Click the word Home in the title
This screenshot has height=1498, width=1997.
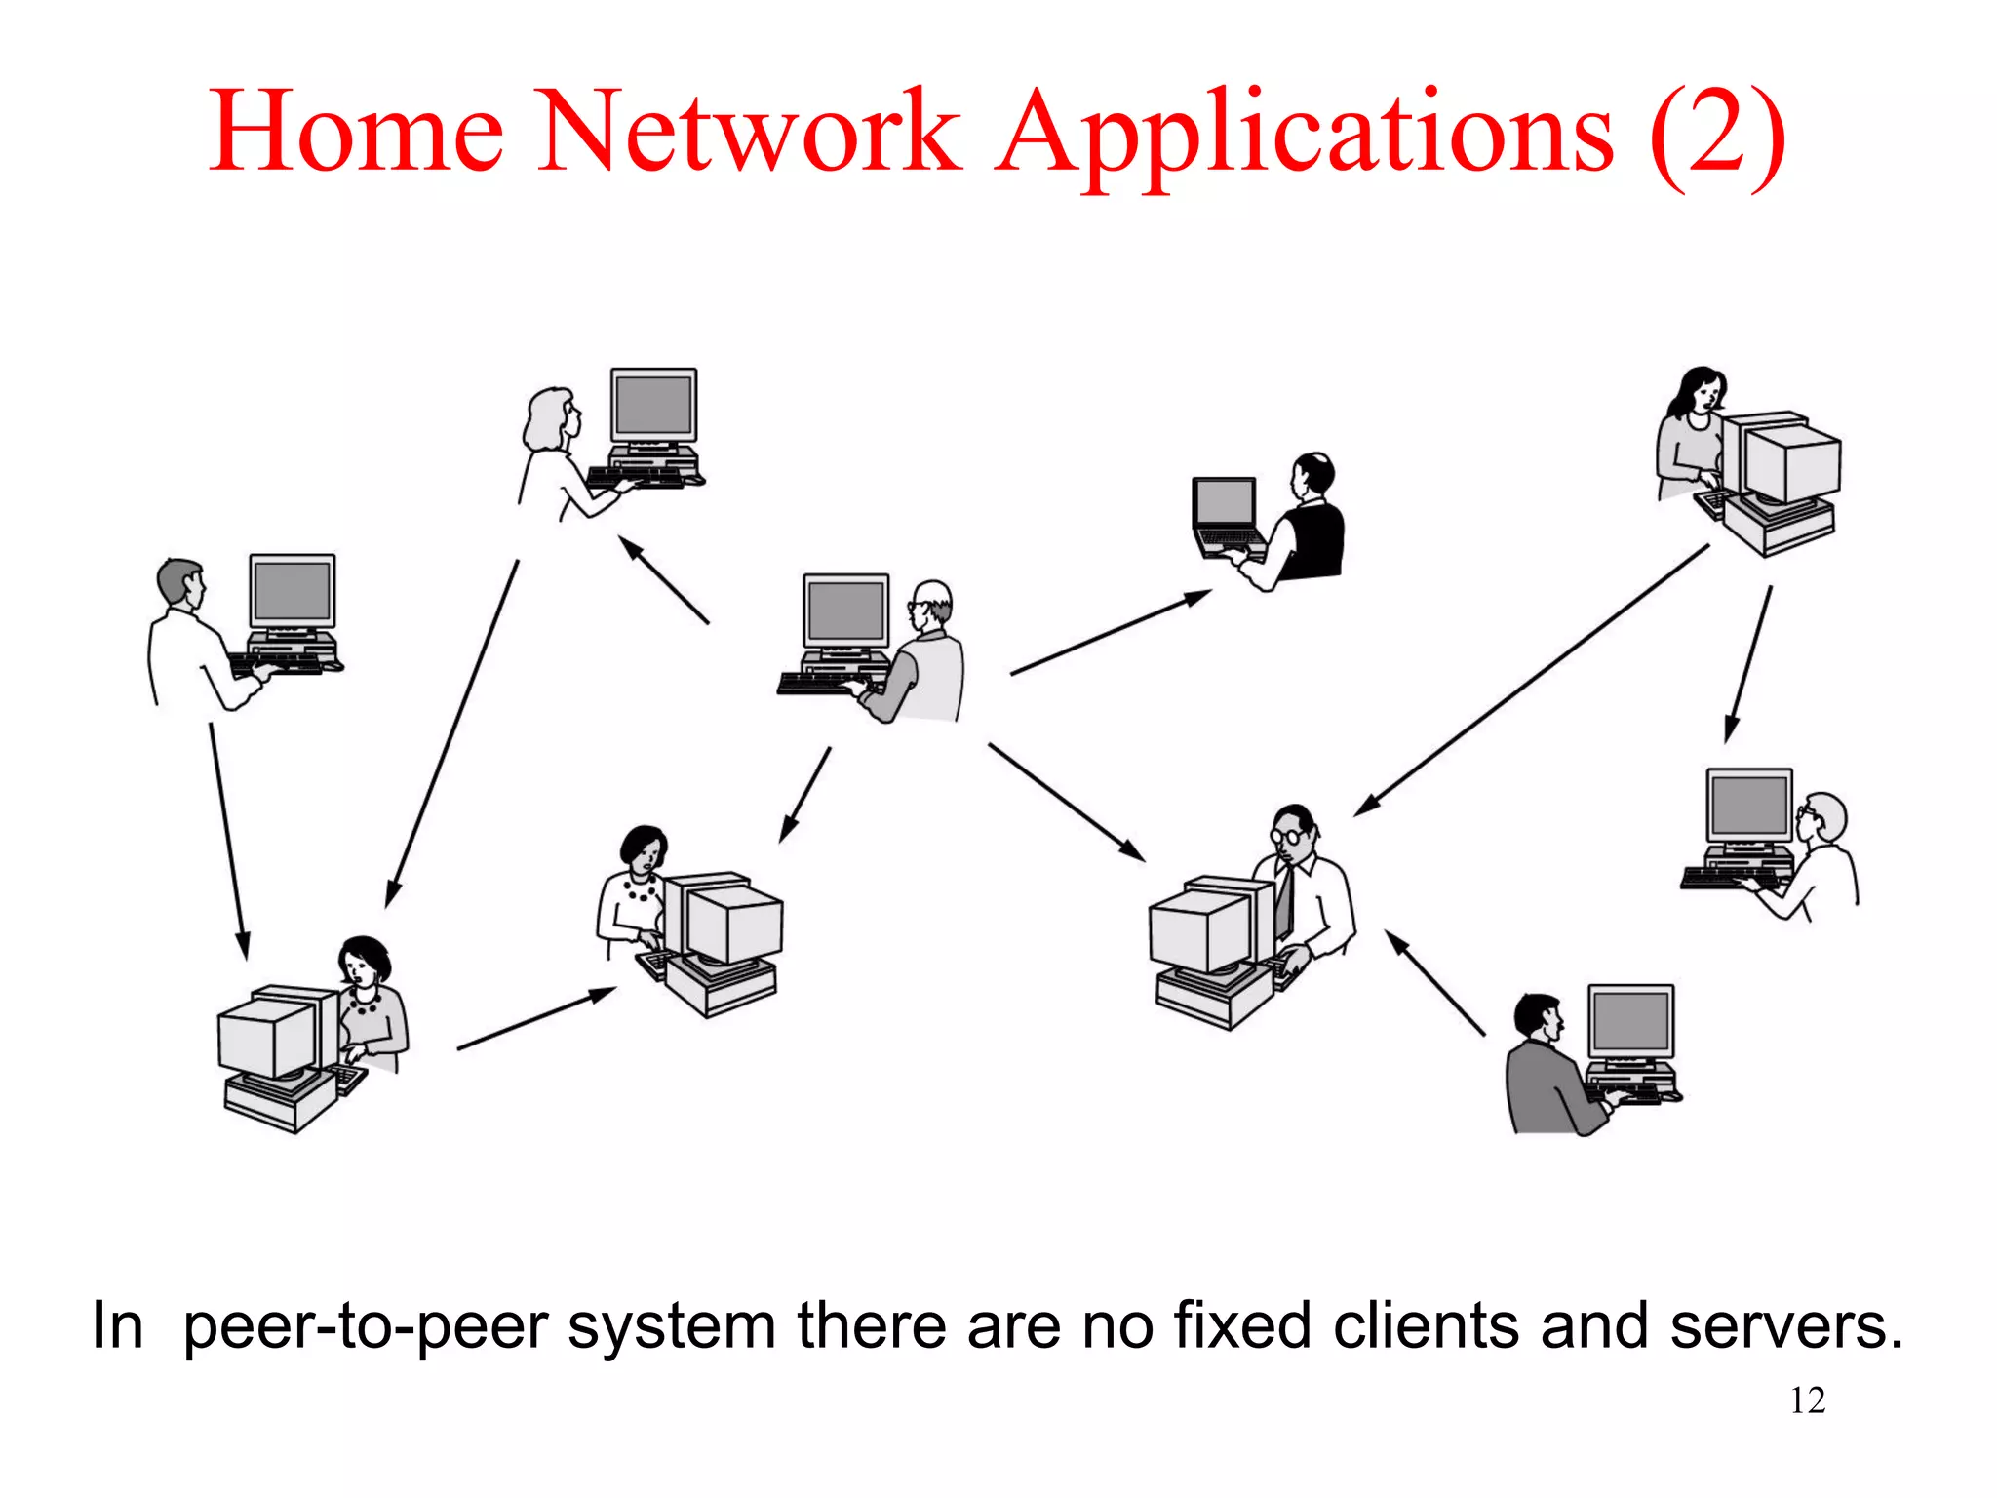(356, 132)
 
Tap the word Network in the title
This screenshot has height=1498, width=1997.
(749, 132)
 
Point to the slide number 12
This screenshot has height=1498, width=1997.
(1807, 1400)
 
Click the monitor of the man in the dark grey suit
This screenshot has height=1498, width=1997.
(1630, 1020)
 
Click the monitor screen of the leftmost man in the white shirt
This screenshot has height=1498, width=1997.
(292, 591)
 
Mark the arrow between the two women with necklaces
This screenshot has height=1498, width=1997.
(535, 1019)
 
